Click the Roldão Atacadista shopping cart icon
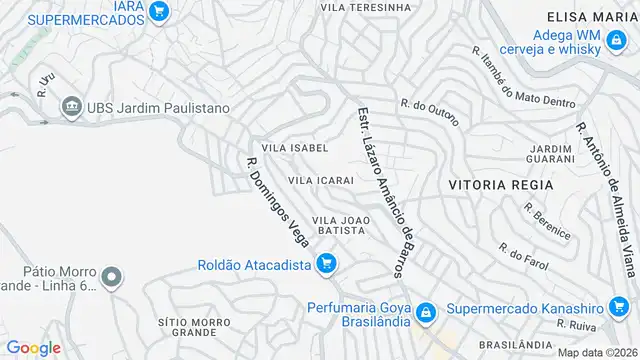(325, 264)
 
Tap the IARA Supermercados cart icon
(159, 12)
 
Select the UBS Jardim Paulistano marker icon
(70, 107)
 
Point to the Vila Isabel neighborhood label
(294, 148)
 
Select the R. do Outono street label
(429, 111)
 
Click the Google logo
(33, 347)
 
